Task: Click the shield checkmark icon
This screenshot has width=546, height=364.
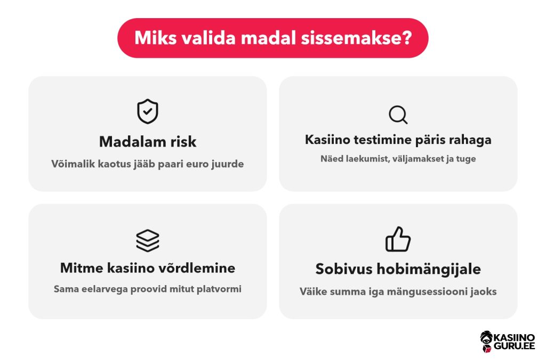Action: point(148,111)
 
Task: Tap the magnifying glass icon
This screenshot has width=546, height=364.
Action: point(398,115)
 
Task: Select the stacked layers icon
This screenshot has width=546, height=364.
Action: point(148,240)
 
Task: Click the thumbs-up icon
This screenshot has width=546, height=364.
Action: point(398,239)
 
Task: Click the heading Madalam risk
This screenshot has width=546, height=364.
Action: point(148,142)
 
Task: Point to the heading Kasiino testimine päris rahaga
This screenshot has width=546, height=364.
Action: point(398,140)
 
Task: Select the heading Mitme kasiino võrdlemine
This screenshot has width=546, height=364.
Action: point(148,268)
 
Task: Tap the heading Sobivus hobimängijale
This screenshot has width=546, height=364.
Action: point(398,269)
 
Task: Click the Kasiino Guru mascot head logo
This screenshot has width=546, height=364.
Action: point(486,342)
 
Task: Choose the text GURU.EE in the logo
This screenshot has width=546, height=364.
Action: point(514,346)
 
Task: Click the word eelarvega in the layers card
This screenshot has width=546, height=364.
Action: point(105,289)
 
